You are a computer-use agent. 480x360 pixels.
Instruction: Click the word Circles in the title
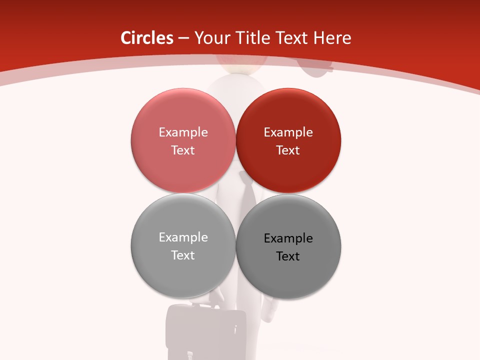pyautogui.click(x=146, y=38)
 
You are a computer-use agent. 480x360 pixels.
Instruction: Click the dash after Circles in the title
pyautogui.click(x=183, y=38)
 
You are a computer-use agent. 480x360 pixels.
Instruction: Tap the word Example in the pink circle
pyautogui.click(x=183, y=132)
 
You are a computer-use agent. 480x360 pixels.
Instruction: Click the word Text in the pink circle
pyautogui.click(x=183, y=150)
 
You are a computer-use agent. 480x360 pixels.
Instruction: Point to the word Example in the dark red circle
pyautogui.click(x=288, y=132)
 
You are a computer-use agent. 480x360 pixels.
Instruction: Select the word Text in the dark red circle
pyautogui.click(x=288, y=150)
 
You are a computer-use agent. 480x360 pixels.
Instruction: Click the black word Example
pyautogui.click(x=288, y=238)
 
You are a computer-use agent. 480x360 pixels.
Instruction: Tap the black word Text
pyautogui.click(x=288, y=256)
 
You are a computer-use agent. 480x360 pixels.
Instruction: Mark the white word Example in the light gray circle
pyautogui.click(x=183, y=237)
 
